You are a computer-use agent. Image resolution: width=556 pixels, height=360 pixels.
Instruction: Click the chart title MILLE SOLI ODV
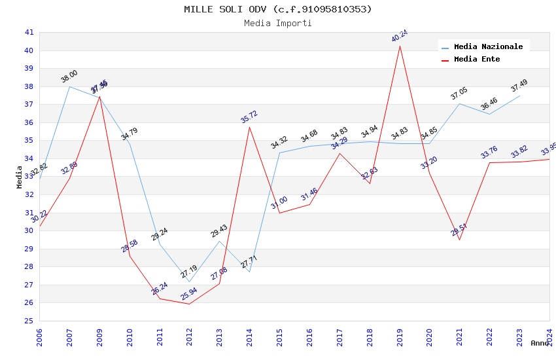[277, 9]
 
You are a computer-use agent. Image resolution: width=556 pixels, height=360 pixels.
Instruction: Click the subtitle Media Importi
[277, 24]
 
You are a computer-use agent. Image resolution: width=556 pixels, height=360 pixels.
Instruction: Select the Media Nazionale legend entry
[488, 47]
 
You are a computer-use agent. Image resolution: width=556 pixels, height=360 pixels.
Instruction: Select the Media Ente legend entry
[477, 60]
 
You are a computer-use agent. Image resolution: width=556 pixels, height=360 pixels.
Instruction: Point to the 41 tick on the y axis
[29, 33]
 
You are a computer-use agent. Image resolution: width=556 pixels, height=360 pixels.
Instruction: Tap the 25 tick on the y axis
[29, 321]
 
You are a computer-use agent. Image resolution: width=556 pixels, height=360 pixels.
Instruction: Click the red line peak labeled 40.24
[400, 46]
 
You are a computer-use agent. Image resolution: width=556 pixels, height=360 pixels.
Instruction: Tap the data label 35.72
[249, 117]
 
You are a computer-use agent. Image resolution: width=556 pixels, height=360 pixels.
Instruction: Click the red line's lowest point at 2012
[189, 304]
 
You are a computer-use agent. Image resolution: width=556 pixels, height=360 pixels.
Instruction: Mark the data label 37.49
[519, 86]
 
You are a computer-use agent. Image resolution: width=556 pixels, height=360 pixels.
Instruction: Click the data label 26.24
[160, 289]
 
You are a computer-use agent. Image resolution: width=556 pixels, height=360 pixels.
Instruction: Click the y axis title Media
[19, 177]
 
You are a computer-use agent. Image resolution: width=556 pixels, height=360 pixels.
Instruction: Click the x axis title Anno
[540, 343]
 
